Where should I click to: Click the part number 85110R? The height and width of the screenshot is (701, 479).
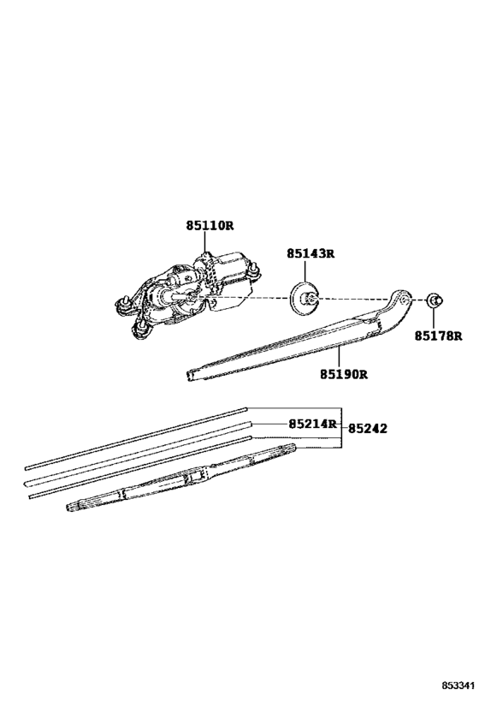point(210,226)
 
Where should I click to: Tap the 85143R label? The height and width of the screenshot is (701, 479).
point(310,254)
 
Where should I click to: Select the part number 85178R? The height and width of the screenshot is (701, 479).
point(438,336)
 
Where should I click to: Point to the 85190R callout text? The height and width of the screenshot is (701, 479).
point(344,374)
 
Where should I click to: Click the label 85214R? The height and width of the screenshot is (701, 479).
point(312,424)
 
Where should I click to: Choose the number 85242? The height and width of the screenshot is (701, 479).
point(368,429)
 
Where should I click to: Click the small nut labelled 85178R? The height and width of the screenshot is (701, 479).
point(434,300)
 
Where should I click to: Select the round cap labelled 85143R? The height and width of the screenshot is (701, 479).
point(304,298)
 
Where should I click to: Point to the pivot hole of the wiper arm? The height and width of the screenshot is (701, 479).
point(404,298)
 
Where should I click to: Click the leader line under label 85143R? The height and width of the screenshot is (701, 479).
point(305,272)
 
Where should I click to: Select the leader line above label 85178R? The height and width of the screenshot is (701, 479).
point(434,318)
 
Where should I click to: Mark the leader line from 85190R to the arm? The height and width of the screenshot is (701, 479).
point(339,356)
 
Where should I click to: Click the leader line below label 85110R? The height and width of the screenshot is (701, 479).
point(204,242)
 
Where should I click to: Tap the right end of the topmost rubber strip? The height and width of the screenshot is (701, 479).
point(245,408)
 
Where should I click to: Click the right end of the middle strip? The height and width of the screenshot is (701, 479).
point(251,423)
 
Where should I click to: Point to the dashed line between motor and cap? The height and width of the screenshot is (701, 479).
point(245,297)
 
